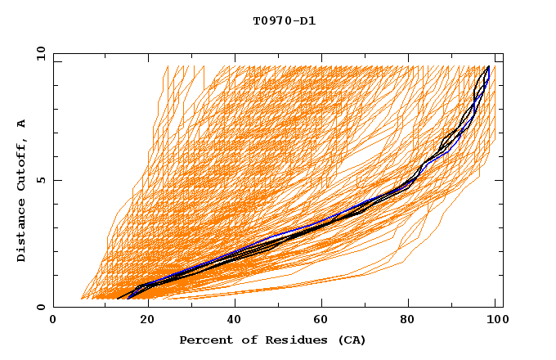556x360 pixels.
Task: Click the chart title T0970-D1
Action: pos(284,20)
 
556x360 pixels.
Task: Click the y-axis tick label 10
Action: pos(39,53)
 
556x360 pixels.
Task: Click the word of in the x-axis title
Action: pos(242,340)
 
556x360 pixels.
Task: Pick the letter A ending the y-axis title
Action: pos(22,124)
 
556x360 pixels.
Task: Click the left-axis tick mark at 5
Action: pos(57,180)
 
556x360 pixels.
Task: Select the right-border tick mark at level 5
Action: pos(499,180)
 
